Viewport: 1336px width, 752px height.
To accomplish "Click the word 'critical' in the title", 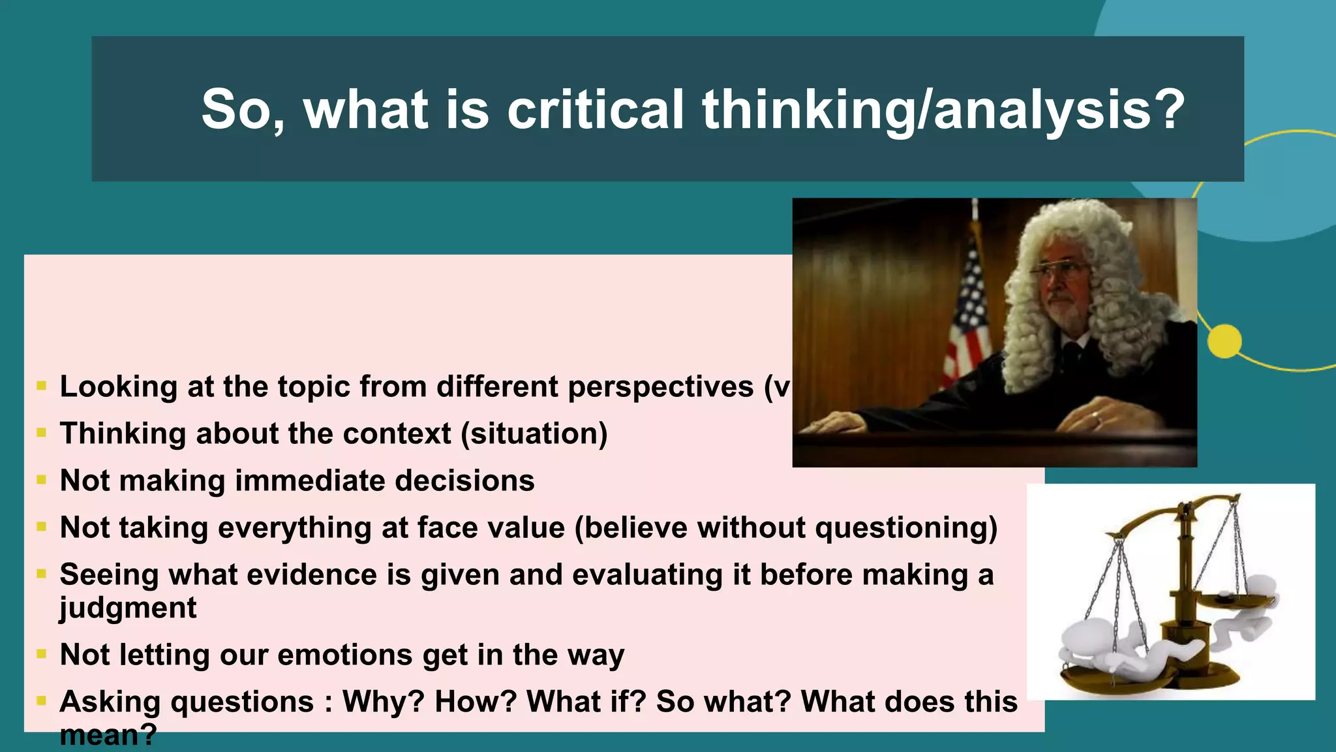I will (595, 109).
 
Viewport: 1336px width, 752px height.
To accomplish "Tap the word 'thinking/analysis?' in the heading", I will (943, 109).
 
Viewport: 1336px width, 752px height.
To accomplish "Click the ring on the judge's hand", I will (1097, 418).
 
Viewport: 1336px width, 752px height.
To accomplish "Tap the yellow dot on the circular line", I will (1224, 341).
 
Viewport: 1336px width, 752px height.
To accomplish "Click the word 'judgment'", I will (128, 608).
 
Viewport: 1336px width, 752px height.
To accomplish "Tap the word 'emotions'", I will (346, 655).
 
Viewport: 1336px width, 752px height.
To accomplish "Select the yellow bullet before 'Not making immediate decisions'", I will (42, 480).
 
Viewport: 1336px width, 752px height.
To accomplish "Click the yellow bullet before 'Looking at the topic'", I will (42, 386).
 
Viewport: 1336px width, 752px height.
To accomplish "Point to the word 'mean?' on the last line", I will (108, 736).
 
